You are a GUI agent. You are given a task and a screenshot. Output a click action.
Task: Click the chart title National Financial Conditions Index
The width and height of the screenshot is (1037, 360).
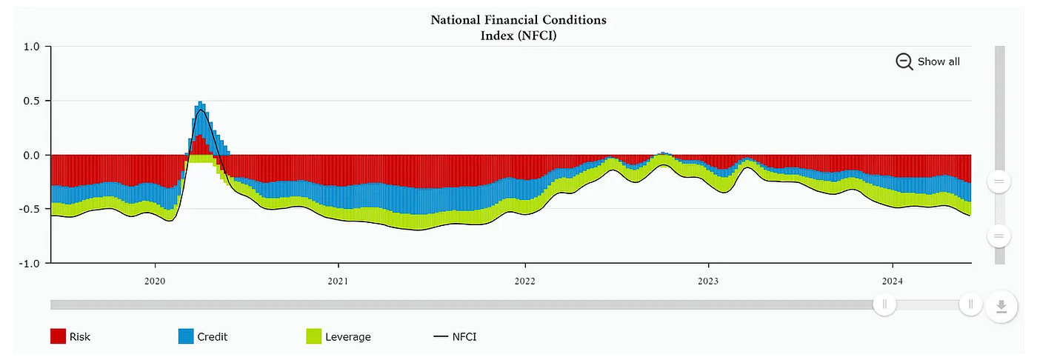tap(518, 27)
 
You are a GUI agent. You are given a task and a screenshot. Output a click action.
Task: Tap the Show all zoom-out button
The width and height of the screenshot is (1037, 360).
tap(927, 61)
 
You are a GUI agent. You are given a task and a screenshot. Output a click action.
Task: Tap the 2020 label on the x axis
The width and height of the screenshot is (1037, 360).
tap(155, 281)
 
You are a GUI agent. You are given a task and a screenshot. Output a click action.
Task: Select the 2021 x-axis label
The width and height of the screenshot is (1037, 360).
tap(339, 281)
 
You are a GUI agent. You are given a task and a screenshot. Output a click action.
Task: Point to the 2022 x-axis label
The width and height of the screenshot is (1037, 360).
tap(524, 281)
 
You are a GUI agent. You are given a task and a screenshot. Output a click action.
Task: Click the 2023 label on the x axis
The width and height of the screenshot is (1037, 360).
tap(708, 281)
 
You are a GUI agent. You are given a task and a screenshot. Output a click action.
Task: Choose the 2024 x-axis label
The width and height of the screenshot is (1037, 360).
tap(893, 281)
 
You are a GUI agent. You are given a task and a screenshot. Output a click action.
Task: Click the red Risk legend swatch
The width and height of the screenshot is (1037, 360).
tap(59, 336)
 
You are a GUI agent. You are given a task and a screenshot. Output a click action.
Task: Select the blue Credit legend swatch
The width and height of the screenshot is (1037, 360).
tap(186, 336)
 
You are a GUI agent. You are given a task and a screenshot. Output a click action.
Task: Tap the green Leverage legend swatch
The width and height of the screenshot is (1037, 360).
tap(313, 336)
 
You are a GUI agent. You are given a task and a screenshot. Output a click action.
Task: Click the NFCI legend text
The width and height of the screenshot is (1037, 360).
tap(464, 336)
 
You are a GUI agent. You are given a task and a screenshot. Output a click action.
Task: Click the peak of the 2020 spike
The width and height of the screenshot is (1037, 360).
tap(200, 104)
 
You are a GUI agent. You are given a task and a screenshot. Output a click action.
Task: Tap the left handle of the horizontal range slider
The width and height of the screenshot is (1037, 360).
tap(884, 304)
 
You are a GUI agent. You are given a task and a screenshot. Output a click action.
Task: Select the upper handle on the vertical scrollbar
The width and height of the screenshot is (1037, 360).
tap(998, 181)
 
